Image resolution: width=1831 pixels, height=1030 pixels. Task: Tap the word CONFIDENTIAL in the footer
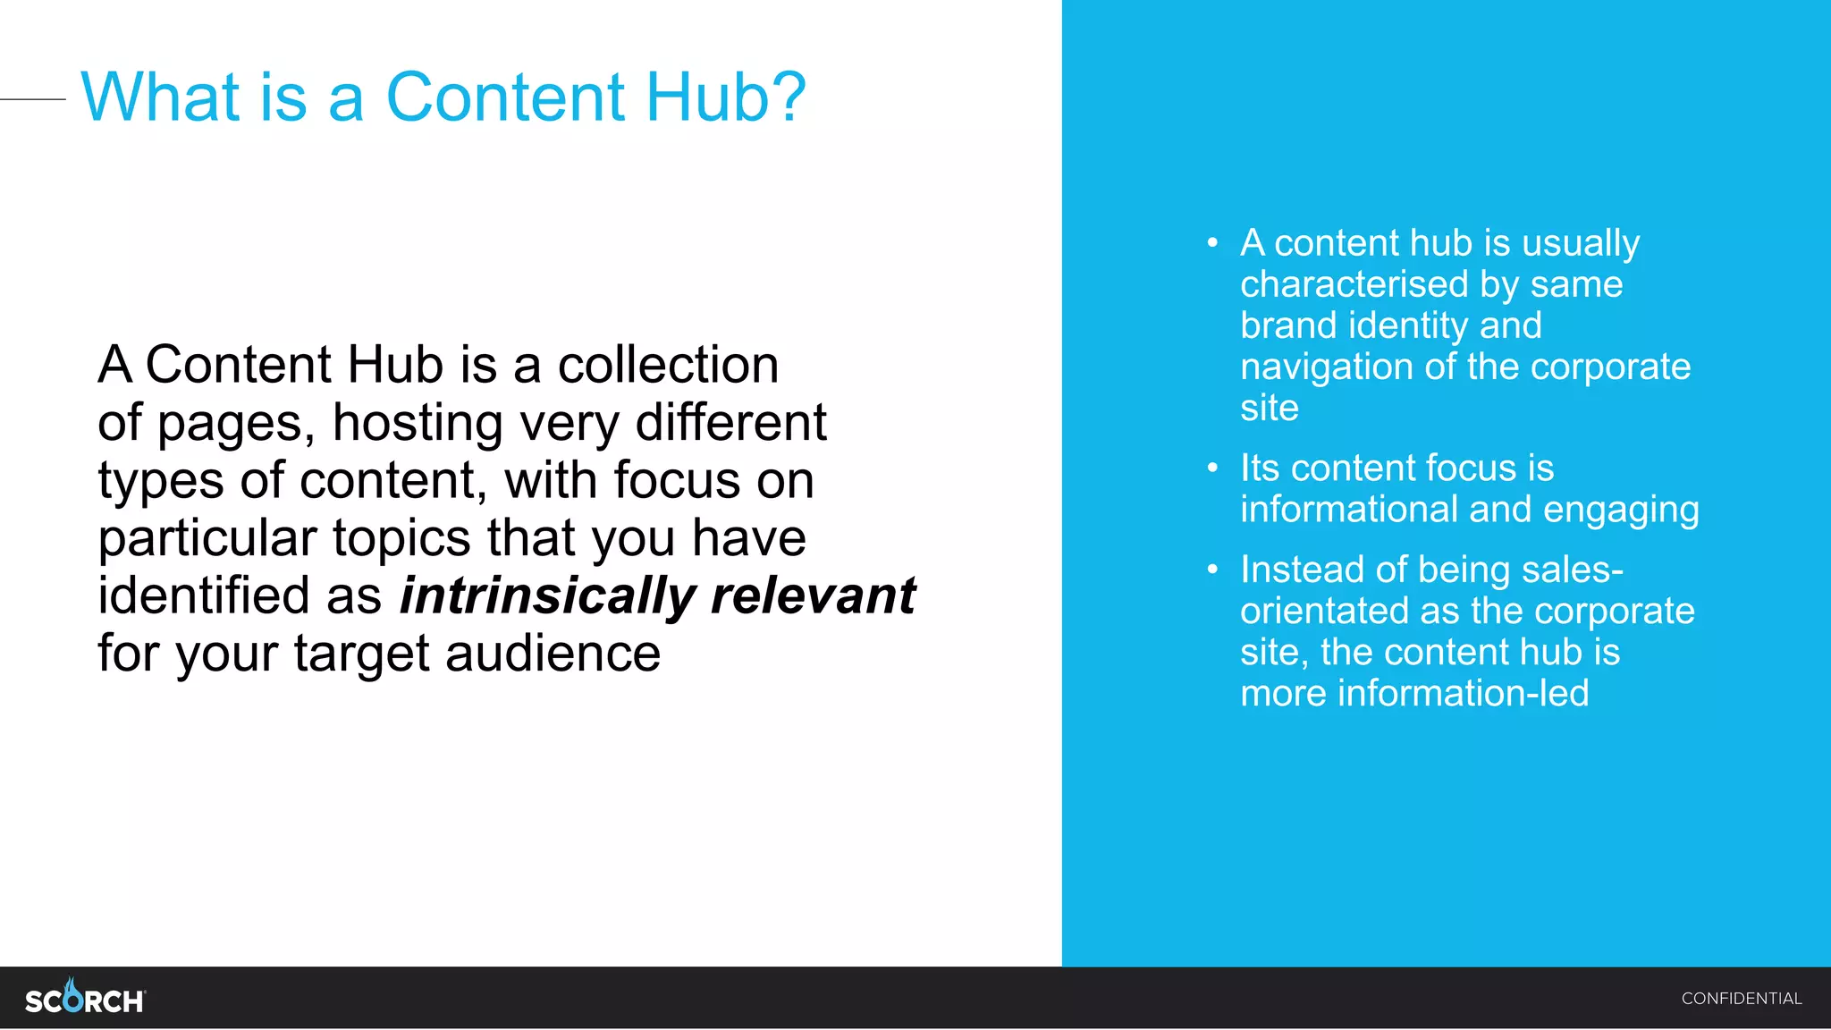point(1741,999)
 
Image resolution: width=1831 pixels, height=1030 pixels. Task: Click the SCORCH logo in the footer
point(85,998)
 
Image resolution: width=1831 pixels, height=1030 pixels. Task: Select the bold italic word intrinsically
point(547,595)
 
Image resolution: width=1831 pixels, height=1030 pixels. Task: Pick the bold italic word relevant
point(813,595)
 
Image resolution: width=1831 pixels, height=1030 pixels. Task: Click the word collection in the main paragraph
point(668,365)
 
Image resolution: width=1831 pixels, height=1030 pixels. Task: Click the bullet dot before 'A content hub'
point(1212,243)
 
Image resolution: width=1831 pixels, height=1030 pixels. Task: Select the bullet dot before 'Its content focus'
point(1212,468)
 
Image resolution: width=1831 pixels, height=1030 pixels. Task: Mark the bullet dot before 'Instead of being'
point(1212,570)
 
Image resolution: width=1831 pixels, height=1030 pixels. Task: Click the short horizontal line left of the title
point(33,99)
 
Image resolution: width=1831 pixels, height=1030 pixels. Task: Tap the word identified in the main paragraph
point(205,595)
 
